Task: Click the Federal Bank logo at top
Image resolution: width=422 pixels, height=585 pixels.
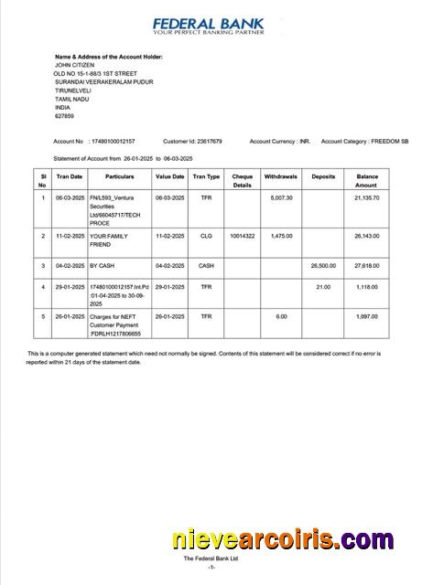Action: point(209,26)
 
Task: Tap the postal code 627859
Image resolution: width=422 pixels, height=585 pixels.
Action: point(64,116)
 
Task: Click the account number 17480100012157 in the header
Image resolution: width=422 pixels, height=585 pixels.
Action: point(112,142)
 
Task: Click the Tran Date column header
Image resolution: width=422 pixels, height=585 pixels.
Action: point(70,175)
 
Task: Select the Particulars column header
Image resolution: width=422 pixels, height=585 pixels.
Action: point(120,175)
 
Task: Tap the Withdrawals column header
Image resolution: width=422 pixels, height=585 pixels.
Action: point(281,175)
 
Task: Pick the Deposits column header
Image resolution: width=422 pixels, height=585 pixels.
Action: point(323,175)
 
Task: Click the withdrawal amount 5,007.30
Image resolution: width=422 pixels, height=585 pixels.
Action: point(281,197)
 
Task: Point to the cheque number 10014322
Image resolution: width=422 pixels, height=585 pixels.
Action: point(242,235)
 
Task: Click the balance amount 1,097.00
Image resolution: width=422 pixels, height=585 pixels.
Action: point(366,316)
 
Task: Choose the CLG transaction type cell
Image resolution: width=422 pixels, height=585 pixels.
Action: point(206,235)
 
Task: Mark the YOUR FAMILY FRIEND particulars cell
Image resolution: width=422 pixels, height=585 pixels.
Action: point(111,239)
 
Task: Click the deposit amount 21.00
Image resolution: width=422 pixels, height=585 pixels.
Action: point(323,287)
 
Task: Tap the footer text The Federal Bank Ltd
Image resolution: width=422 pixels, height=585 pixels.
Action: point(211,558)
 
